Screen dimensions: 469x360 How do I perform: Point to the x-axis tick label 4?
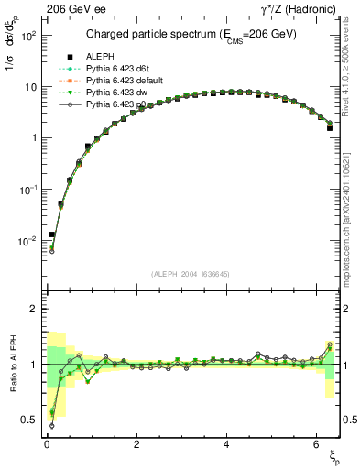click(x=226, y=442)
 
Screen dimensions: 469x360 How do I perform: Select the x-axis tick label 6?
click(x=316, y=442)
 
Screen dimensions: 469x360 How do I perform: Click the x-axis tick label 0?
click(x=46, y=442)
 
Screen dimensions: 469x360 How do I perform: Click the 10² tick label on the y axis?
click(x=27, y=36)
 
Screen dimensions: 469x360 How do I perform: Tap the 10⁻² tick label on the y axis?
click(x=27, y=241)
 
